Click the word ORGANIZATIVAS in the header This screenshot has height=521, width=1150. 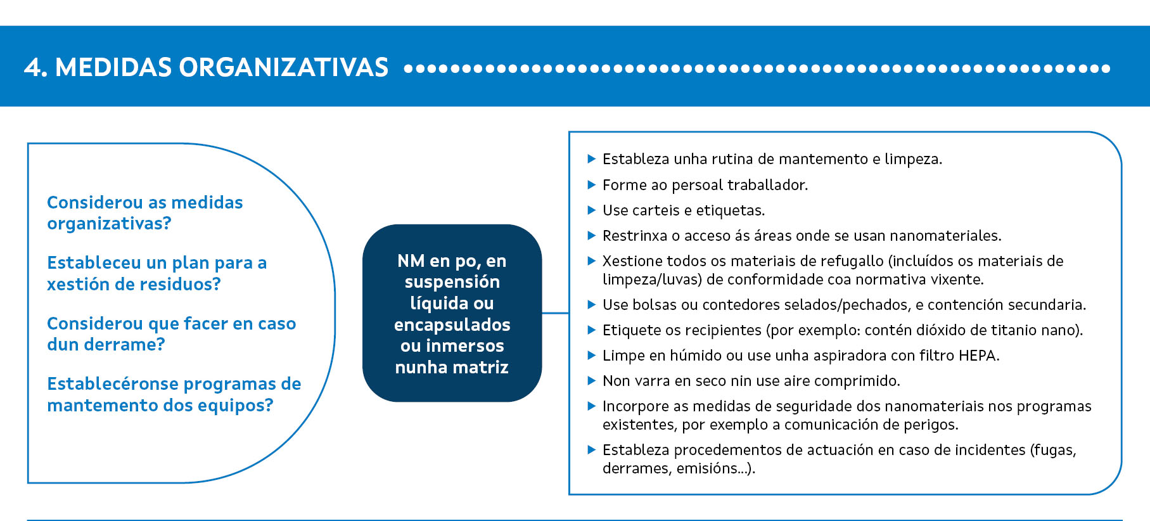pos(283,67)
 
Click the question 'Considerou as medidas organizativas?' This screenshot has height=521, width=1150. pos(145,213)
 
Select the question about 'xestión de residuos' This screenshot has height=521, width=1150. pos(157,273)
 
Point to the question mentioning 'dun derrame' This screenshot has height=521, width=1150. pos(172,334)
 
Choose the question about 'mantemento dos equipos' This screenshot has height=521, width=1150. pos(174,394)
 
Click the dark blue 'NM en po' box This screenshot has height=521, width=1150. pos(452,313)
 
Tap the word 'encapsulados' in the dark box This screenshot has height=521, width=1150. pos(452,325)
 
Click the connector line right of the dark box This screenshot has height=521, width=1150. pos(555,312)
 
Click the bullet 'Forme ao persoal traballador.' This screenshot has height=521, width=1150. pos(705,184)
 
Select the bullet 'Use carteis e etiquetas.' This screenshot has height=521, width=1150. pos(684,210)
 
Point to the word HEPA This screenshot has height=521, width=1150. pos(978,356)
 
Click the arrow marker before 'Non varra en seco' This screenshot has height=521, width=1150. pos(592,380)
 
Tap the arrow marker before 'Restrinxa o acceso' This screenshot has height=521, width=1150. pos(592,235)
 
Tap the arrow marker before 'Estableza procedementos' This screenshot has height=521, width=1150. pos(592,449)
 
